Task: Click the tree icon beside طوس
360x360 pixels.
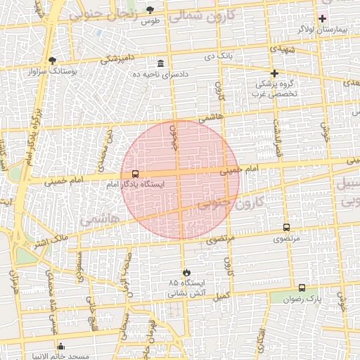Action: tap(150, 9)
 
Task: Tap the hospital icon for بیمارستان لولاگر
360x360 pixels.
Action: tap(323, 18)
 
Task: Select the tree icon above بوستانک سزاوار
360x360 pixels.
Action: tap(53, 60)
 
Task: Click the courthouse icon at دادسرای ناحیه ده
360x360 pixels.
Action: tap(161, 63)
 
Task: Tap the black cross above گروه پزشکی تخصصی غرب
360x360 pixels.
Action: tap(274, 73)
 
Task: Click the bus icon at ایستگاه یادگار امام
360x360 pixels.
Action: tap(135, 174)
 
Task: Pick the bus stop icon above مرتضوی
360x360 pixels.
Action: tap(286, 227)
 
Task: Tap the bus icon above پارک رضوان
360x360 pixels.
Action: tap(302, 288)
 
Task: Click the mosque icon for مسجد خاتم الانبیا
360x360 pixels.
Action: tap(61, 346)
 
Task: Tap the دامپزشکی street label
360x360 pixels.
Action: tap(118, 60)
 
